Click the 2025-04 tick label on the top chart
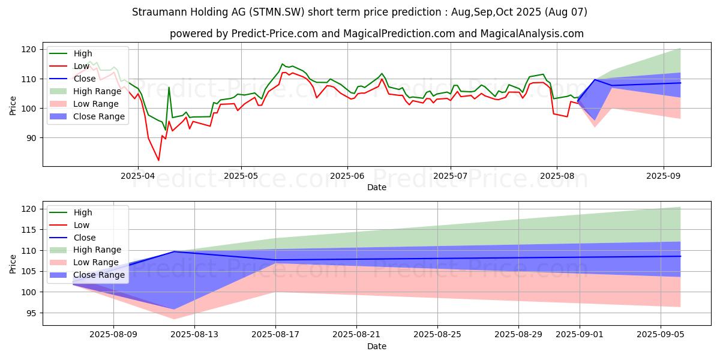pos(138,176)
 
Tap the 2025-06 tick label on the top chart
pos(347,176)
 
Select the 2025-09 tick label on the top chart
pos(663,176)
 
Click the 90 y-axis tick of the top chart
pos(32,138)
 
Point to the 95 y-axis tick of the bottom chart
pos(32,313)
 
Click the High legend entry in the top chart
pos(83,53)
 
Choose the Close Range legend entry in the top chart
pos(100,116)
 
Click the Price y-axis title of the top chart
pos(13,106)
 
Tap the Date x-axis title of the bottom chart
pos(377,346)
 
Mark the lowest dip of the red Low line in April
pos(159,160)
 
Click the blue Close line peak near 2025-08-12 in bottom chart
pos(174,251)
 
